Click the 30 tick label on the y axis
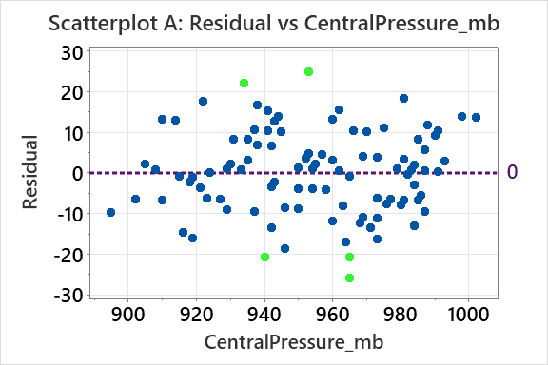point(69,51)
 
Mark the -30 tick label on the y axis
point(66,295)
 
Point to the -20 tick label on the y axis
point(66,254)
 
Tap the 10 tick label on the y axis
point(69,132)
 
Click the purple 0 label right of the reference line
point(512,172)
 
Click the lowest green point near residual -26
point(349,278)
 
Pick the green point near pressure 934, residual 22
point(244,84)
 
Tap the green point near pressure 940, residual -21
point(264,257)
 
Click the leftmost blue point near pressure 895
point(110,212)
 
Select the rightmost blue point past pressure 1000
point(476,117)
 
